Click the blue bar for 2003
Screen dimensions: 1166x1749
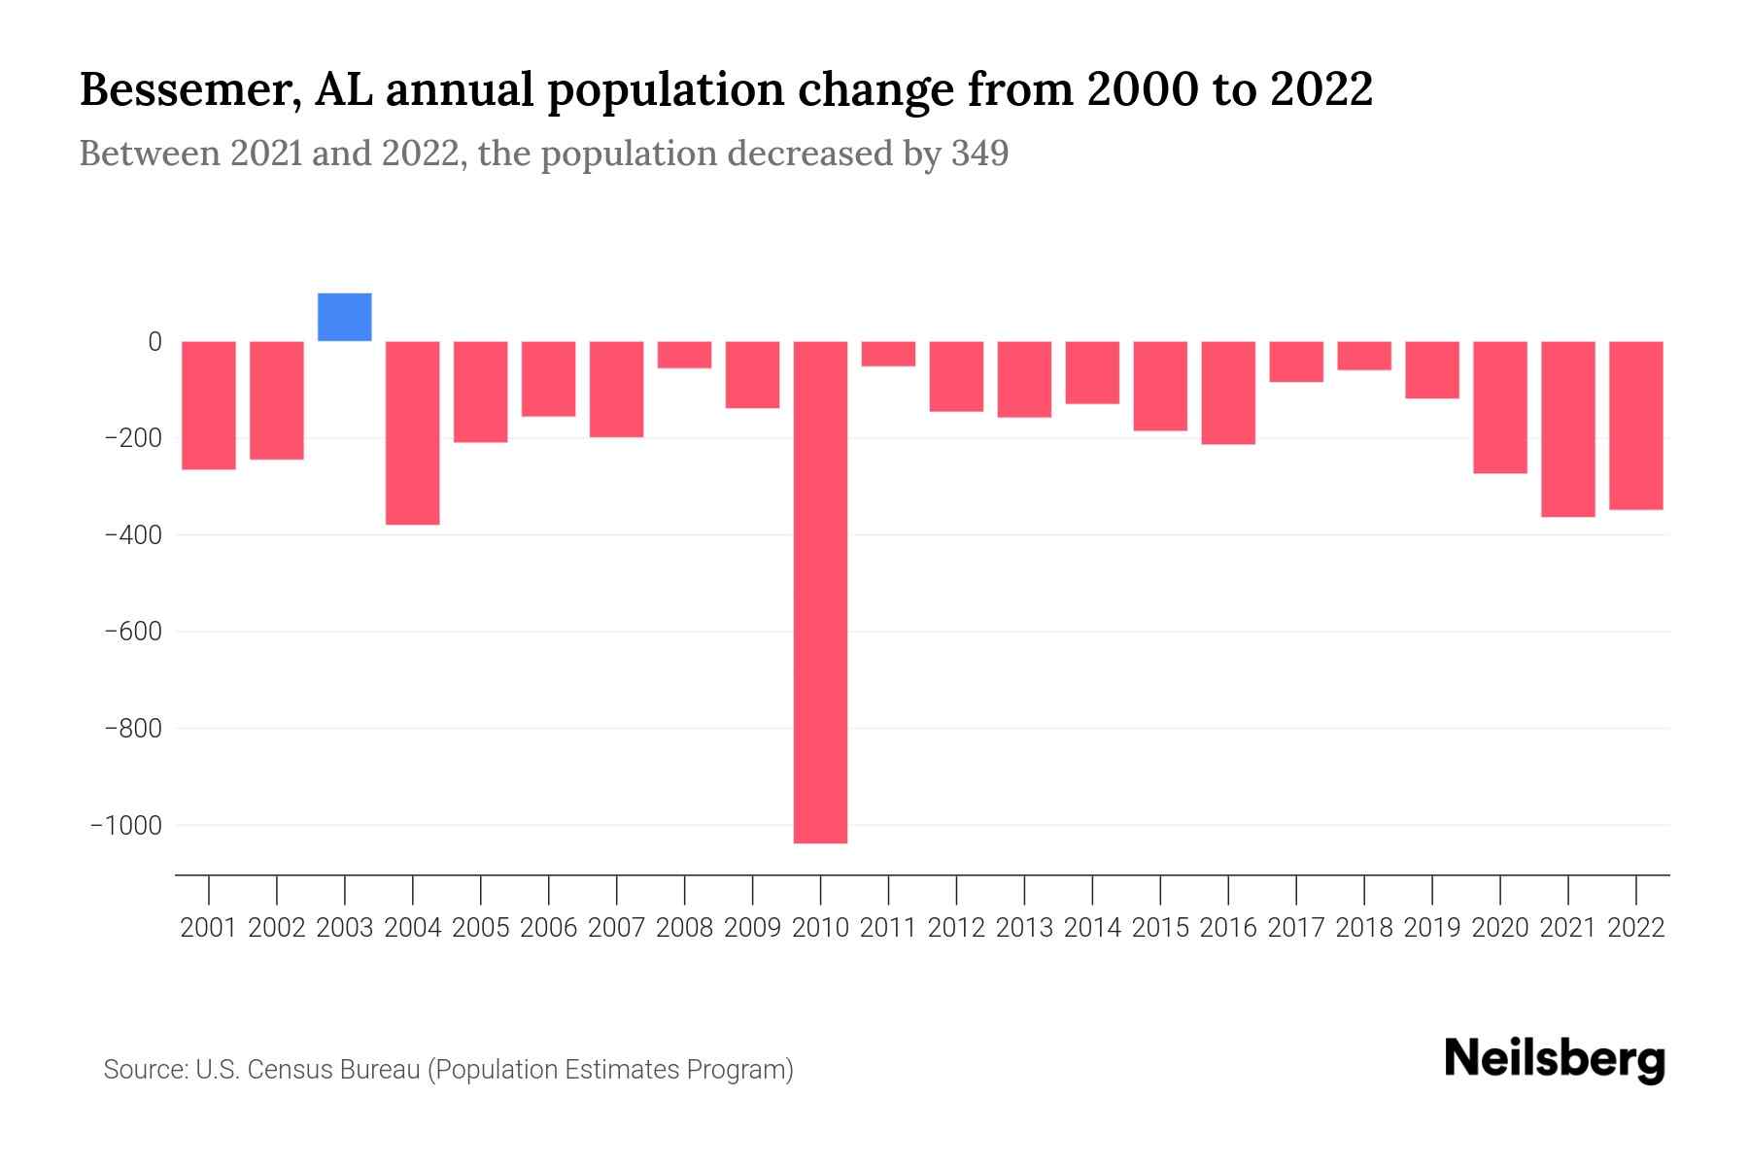(x=345, y=317)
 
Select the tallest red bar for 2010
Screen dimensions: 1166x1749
(x=820, y=592)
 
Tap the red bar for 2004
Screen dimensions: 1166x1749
(x=413, y=432)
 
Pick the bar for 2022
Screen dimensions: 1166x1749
(x=1636, y=425)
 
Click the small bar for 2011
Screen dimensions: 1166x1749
(x=888, y=354)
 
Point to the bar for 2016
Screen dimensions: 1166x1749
(x=1228, y=393)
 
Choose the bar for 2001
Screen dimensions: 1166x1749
(x=209, y=405)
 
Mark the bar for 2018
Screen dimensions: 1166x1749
(x=1364, y=356)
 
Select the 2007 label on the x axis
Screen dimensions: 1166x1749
(x=616, y=928)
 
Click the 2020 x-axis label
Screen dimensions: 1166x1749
(x=1500, y=928)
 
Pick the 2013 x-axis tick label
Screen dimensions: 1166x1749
(x=1024, y=928)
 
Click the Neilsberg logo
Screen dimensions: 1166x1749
(x=1555, y=1060)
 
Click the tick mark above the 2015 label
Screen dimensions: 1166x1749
(x=1160, y=889)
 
